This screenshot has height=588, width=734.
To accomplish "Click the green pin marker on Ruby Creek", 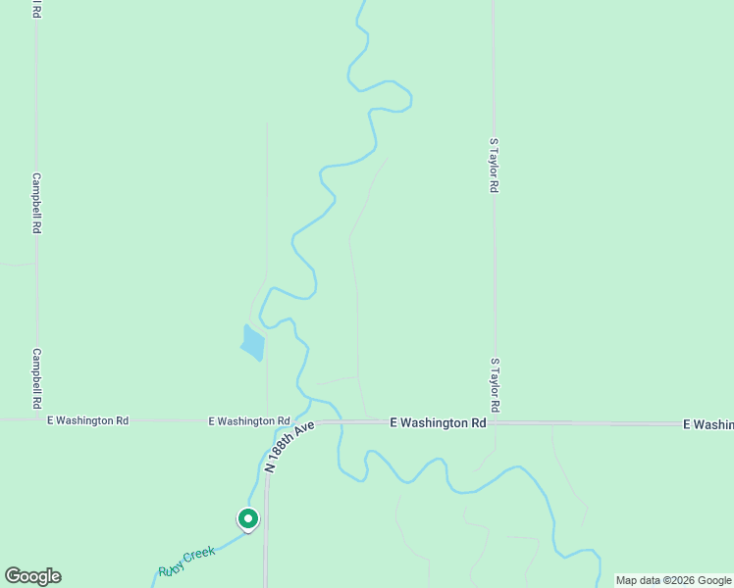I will [248, 518].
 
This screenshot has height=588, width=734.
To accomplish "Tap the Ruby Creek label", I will [186, 562].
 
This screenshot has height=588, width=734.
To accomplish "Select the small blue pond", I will [252, 342].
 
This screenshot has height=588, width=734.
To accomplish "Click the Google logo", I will [32, 576].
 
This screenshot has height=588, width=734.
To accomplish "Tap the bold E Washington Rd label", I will [438, 423].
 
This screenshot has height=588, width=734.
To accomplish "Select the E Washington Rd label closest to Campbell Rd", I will [88, 420].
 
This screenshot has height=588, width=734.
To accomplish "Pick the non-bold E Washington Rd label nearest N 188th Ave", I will [248, 420].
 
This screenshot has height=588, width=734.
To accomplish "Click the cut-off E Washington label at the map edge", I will [708, 423].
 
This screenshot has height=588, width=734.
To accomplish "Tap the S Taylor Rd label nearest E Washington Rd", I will [496, 385].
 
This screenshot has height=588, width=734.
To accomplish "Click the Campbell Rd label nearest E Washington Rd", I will [36, 378].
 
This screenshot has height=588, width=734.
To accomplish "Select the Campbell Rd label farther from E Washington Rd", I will [36, 203].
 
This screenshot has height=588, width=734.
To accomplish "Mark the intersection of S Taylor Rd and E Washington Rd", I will [494, 423].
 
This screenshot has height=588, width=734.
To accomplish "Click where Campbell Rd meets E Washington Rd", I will [37, 419].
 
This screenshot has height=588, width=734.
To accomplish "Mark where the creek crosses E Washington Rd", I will [339, 422].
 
